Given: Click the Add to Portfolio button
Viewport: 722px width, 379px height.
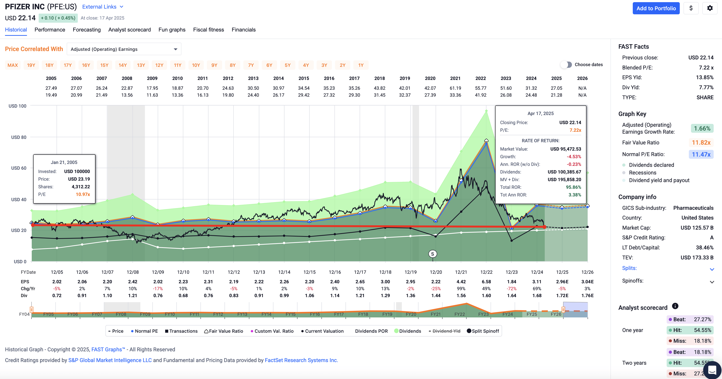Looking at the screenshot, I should pyautogui.click(x=656, y=8).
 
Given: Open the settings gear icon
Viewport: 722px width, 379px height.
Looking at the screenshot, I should pyautogui.click(x=710, y=8).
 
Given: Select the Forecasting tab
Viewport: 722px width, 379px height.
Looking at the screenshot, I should pyautogui.click(x=87, y=30).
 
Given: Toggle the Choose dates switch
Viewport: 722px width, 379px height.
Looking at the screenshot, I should pyautogui.click(x=566, y=65).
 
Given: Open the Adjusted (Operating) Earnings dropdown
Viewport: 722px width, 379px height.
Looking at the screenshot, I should pyautogui.click(x=124, y=49).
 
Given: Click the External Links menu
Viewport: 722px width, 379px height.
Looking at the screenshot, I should pyautogui.click(x=103, y=7).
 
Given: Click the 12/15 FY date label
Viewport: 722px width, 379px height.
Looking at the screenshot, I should pyautogui.click(x=309, y=272).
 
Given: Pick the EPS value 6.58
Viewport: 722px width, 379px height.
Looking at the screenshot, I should pyautogui.click(x=486, y=282).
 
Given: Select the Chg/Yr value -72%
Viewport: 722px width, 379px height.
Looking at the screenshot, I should pyautogui.click(x=512, y=289).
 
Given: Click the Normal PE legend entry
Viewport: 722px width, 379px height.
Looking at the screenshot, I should pyautogui.click(x=144, y=331).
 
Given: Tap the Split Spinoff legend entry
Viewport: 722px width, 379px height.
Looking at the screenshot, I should pyautogui.click(x=483, y=331).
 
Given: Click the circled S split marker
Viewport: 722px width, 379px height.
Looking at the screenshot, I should pyautogui.click(x=433, y=254).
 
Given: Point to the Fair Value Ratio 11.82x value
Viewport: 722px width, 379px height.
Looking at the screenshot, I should pyautogui.click(x=701, y=143).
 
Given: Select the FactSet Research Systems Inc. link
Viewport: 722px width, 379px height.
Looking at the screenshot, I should pyautogui.click(x=301, y=360).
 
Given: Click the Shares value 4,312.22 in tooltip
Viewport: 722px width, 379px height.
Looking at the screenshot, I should pyautogui.click(x=81, y=187).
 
